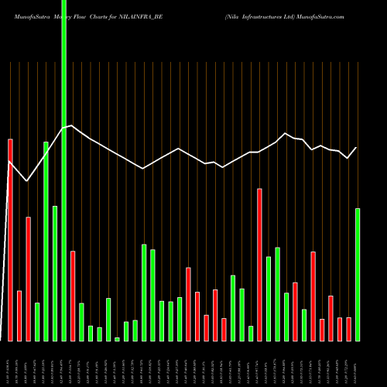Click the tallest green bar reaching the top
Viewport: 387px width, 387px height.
[x=63, y=170]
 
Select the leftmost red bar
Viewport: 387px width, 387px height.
[x=10, y=240]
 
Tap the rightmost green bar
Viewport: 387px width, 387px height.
[x=358, y=275]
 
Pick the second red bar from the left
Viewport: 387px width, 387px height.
[x=19, y=316]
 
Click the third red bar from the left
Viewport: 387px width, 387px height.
[x=28, y=279]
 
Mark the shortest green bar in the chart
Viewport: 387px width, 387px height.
[x=117, y=339]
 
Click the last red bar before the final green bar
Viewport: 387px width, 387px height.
[x=348, y=329]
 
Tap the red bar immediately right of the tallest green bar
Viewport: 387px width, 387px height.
[x=73, y=296]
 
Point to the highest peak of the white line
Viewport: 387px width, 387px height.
[x=71, y=125]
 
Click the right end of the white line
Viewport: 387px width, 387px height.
[x=357, y=147]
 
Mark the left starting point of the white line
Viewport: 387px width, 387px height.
[x=9, y=162]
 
